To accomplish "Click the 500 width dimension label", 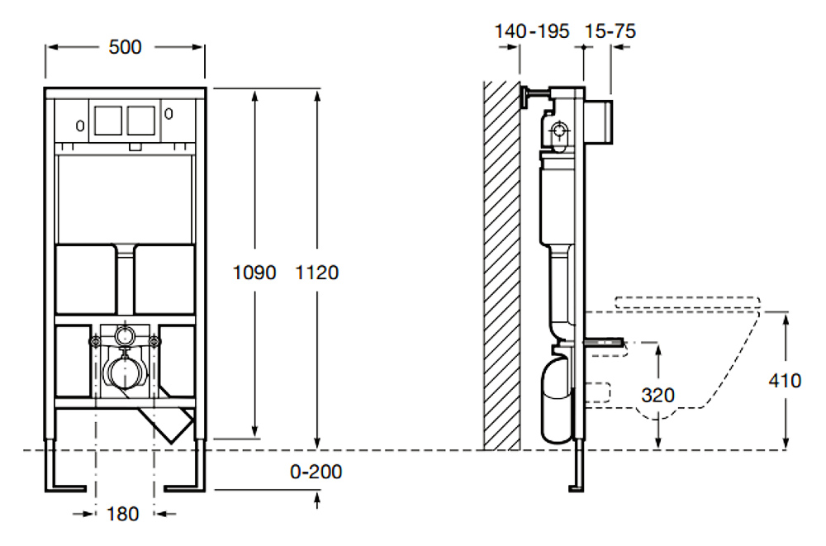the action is tap(125, 47).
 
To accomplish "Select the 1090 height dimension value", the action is tap(254, 273).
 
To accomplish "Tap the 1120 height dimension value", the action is tap(316, 273).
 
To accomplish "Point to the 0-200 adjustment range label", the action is tap(316, 471).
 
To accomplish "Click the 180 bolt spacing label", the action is tap(123, 513).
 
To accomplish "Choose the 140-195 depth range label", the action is tap(531, 31).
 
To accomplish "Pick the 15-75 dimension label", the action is tap(610, 31).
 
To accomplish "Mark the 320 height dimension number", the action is tap(658, 395).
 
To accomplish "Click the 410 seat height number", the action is tap(785, 380).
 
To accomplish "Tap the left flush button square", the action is tap(108, 120).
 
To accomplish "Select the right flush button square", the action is tap(141, 120).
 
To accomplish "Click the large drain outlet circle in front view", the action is tap(125, 372).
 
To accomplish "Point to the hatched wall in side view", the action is tap(502, 266).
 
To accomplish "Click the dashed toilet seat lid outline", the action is tap(687, 302).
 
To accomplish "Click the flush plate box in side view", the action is tap(599, 121).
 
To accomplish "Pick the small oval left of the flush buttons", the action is tap(80, 126).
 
